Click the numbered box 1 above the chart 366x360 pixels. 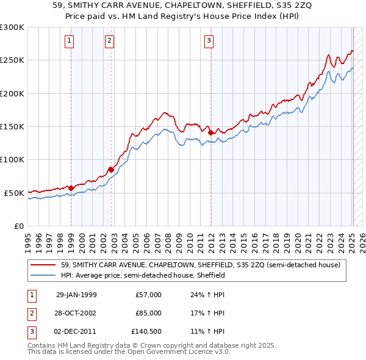pos(70,41)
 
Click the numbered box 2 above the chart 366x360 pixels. pos(109,41)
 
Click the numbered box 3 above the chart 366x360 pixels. pos(209,41)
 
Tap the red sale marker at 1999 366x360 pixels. pos(71,188)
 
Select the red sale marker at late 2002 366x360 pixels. pos(112,169)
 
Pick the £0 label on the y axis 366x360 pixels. pos(18,226)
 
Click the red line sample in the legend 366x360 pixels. pos(43,265)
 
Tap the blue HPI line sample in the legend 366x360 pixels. pos(43,275)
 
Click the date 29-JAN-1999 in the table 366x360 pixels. pos(76,295)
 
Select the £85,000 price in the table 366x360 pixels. pos(148,313)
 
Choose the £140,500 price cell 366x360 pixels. pos(146,331)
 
